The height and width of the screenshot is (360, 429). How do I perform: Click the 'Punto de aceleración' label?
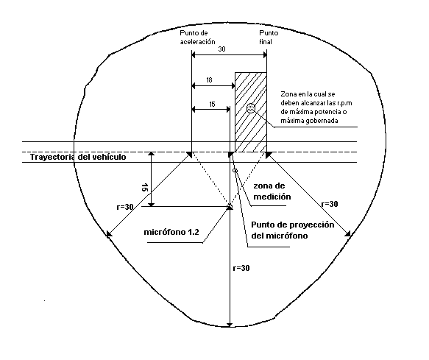(x=197, y=38)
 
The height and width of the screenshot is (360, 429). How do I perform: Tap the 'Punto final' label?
(x=269, y=38)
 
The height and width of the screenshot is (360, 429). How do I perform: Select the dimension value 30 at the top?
(x=221, y=49)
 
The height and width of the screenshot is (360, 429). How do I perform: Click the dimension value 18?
(x=209, y=80)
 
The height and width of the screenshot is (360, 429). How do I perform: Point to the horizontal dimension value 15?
(x=212, y=105)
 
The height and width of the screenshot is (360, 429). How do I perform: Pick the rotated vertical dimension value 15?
(x=144, y=188)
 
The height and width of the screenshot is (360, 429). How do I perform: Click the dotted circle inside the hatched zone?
(x=251, y=108)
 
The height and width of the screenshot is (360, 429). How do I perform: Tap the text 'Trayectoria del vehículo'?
(x=78, y=157)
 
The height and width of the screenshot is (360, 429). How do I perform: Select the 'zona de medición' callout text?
(x=272, y=191)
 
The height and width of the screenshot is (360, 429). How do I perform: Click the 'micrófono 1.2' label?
(x=171, y=232)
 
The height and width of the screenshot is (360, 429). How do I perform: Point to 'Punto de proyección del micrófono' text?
(x=293, y=230)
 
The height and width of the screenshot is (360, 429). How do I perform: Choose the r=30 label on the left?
(x=125, y=207)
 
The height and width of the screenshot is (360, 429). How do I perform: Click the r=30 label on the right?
(x=330, y=204)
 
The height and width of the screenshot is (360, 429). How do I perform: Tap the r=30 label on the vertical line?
(x=241, y=268)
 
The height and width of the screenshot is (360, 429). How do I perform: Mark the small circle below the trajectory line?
(x=235, y=171)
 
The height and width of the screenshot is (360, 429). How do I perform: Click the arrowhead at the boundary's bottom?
(x=230, y=325)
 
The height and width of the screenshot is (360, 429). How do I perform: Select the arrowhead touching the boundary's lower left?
(x=109, y=234)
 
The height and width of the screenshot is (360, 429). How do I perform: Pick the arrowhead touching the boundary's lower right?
(x=348, y=233)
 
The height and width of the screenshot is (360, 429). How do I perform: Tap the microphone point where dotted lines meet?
(x=230, y=206)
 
